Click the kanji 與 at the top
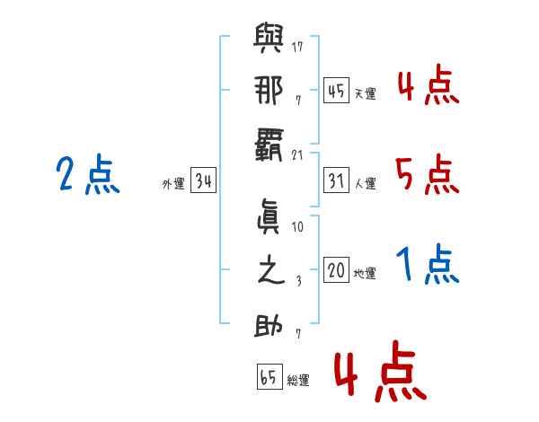pos(269,40)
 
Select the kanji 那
pos(269,92)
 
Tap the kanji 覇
pos(269,144)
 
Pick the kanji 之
pos(269,272)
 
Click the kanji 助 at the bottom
pos(269,324)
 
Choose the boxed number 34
pos(203,182)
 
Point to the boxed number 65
pos(269,378)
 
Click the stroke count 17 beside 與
pos(297,46)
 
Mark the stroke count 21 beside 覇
pos(297,154)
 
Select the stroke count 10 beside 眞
pos(297,227)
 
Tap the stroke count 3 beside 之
pos(297,281)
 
